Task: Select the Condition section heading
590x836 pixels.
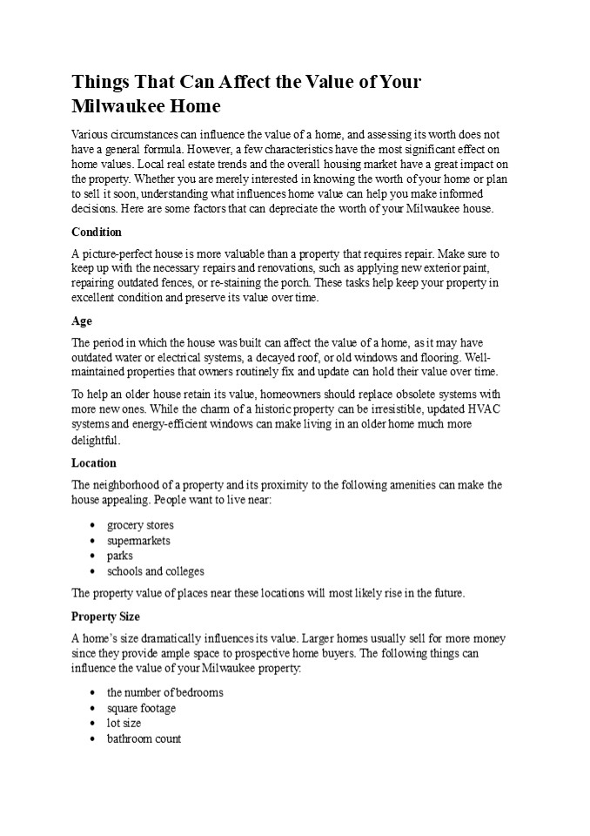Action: pos(97,233)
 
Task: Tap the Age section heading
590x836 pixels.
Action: pos(82,321)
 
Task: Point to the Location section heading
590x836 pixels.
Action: pos(94,463)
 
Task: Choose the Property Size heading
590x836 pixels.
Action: pos(105,617)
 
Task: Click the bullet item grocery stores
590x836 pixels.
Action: pos(140,525)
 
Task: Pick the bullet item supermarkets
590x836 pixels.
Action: pos(138,541)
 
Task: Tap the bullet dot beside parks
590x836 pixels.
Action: pos(93,556)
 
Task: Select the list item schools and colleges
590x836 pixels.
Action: pos(156,571)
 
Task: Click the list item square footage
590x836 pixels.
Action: pos(141,708)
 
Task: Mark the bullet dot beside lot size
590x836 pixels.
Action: pos(93,724)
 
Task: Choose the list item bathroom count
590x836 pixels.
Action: pos(144,738)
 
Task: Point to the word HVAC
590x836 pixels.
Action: pos(485,409)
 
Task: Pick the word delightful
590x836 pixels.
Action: pos(96,440)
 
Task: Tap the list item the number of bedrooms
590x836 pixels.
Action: pos(165,692)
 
